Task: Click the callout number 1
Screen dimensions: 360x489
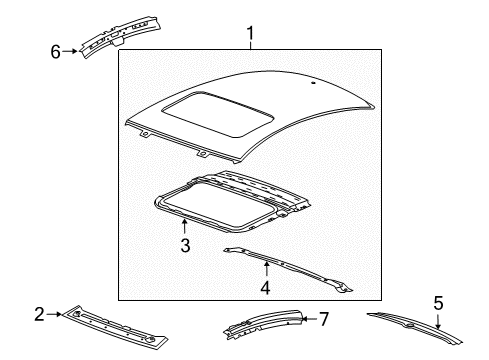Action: [x=250, y=37]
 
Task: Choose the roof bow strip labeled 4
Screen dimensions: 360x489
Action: [x=300, y=267]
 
